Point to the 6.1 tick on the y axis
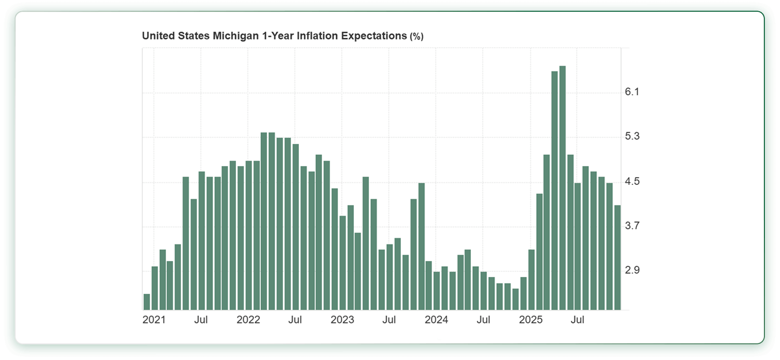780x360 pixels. (x=632, y=92)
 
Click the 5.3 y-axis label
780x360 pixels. (x=632, y=136)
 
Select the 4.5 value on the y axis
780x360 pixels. (x=632, y=181)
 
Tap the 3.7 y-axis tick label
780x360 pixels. (x=632, y=225)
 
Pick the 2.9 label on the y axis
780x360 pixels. (x=632, y=270)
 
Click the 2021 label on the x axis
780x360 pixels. (x=154, y=320)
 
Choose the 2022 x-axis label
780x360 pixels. (x=248, y=320)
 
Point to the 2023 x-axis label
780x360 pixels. (x=342, y=320)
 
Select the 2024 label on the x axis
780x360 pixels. (x=436, y=320)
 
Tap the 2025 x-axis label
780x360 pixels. (x=530, y=320)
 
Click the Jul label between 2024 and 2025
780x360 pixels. (x=483, y=320)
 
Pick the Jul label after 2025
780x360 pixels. (x=577, y=320)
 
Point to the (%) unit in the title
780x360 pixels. (x=416, y=37)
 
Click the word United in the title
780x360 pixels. (x=158, y=36)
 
